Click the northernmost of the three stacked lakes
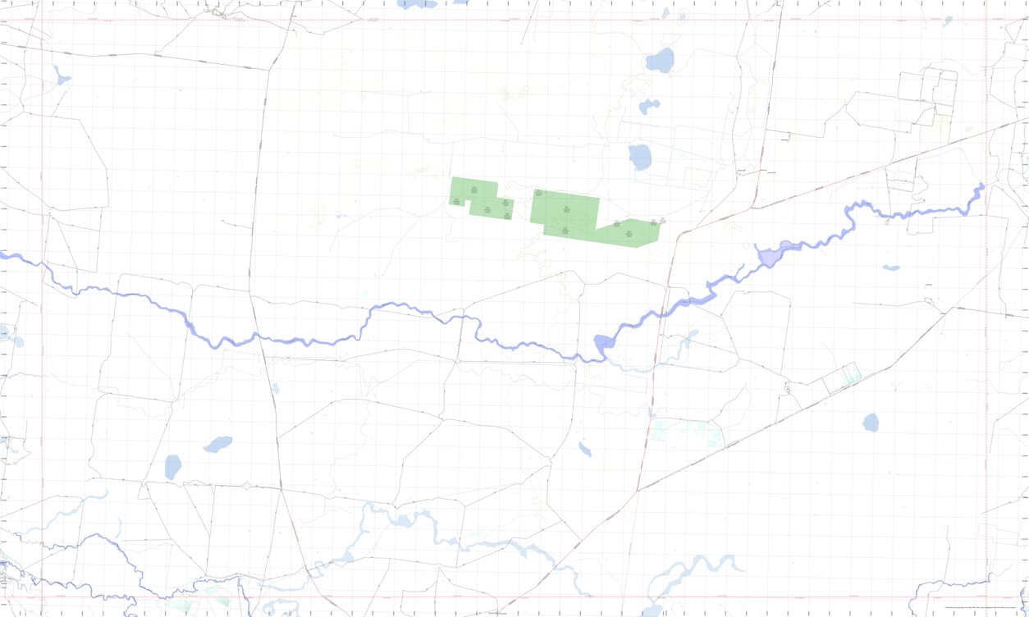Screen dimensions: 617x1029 660,60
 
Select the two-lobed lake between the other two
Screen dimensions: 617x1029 649,107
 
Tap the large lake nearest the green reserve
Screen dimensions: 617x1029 640,157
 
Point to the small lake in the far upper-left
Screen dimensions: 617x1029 62,77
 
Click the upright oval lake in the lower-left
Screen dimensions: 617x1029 172,467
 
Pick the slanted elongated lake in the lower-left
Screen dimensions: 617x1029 218,444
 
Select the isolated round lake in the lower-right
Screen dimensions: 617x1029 871,423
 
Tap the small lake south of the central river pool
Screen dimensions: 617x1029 585,449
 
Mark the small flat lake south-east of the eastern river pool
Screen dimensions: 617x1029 891,267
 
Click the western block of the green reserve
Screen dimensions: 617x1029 480,198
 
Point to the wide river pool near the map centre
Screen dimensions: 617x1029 604,345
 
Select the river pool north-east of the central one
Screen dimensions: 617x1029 771,255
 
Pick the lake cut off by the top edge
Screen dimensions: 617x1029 417,4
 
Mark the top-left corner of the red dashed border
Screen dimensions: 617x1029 43,20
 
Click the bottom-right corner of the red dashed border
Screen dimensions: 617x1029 986,597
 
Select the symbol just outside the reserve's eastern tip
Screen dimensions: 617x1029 663,220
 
